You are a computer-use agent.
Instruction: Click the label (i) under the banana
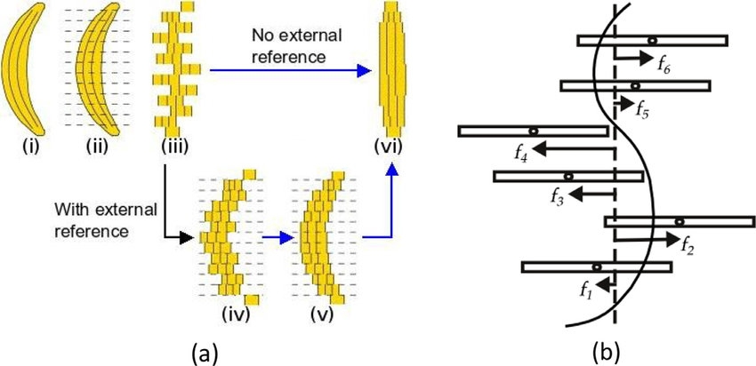21,147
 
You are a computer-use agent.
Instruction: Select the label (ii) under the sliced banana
97,147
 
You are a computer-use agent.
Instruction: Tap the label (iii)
173,147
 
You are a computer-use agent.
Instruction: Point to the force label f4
522,153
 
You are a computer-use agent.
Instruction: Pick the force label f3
558,197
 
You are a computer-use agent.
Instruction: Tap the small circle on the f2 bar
679,220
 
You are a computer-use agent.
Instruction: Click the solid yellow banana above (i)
23,68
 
